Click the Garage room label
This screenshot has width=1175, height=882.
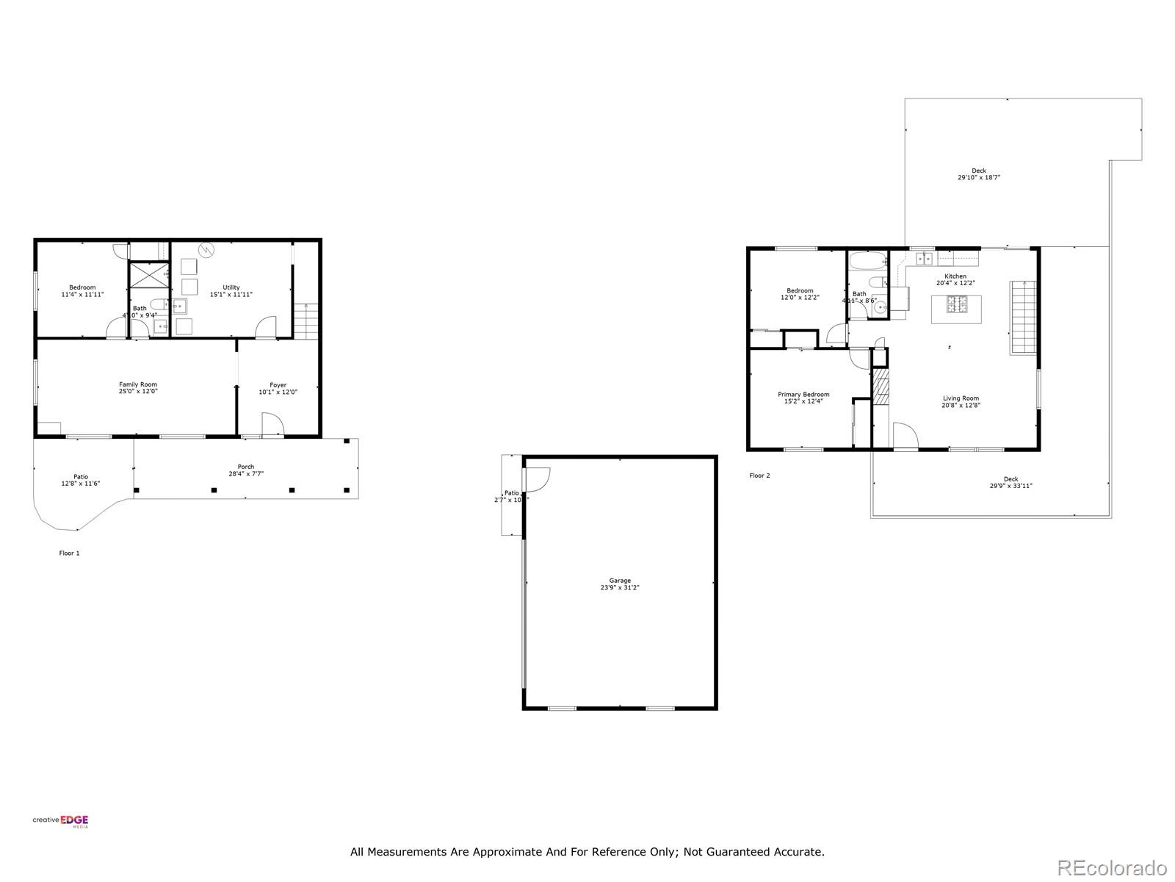click(619, 584)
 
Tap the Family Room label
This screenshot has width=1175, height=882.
click(138, 388)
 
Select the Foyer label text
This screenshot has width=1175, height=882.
click(278, 388)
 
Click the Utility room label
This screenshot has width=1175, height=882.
click(231, 291)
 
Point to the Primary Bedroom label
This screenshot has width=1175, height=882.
click(803, 398)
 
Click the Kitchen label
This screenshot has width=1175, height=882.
click(955, 279)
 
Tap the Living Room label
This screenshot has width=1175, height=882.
click(961, 401)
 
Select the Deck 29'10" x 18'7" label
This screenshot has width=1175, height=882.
click(979, 174)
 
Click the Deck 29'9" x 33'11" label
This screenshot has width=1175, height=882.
click(1011, 482)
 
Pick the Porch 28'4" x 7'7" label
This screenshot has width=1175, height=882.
click(246, 470)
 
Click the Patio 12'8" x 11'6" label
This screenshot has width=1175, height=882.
click(81, 480)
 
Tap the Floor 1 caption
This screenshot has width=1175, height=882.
click(69, 553)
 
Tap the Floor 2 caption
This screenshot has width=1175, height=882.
click(759, 476)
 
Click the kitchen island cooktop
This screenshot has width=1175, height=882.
click(957, 304)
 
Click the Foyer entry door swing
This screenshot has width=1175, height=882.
click(272, 424)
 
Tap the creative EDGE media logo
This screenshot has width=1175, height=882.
click(60, 822)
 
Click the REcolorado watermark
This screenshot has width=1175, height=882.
click(1112, 867)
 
